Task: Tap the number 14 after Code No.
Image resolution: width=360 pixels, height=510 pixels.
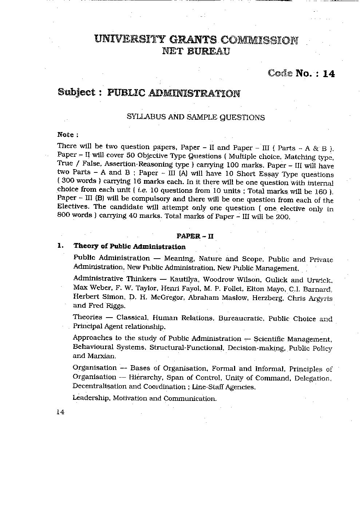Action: [328, 73]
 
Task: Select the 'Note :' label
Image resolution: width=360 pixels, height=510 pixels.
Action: [68, 135]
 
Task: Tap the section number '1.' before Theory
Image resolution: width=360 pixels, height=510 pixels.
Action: [61, 246]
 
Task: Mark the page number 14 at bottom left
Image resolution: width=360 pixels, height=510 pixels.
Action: [60, 413]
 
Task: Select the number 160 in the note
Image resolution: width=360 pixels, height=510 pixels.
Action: [322, 191]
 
